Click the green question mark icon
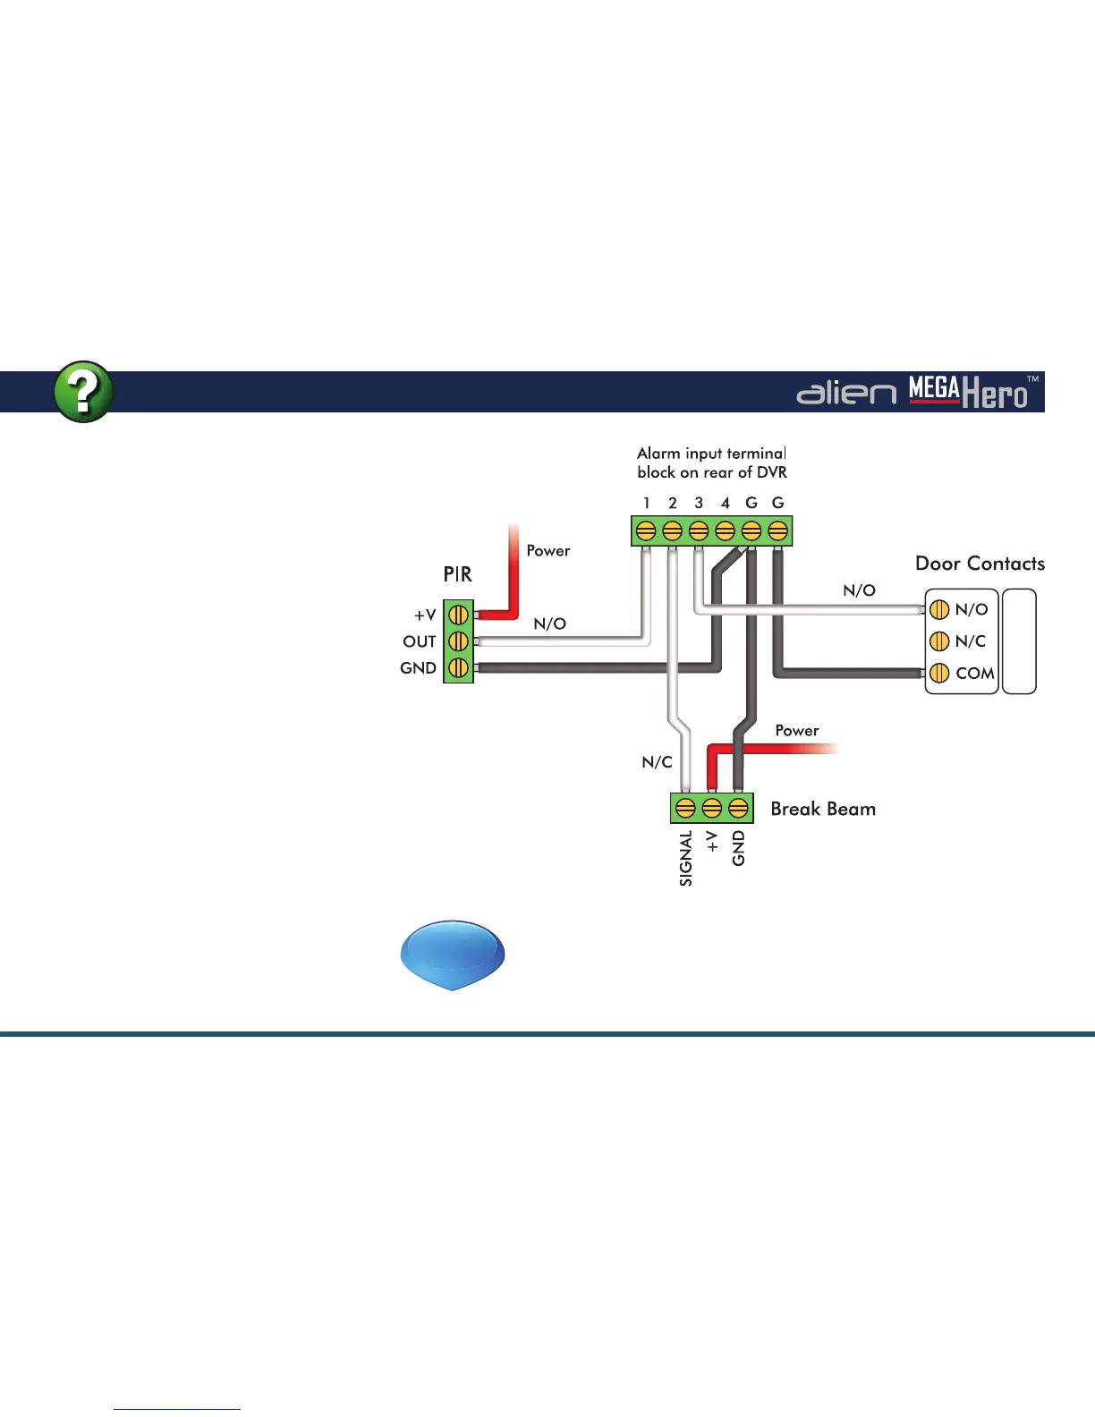[83, 392]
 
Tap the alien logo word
[845, 393]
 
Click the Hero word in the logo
[994, 395]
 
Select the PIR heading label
[457, 574]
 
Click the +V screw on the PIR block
[458, 615]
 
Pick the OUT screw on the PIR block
[458, 641]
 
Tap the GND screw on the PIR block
[458, 668]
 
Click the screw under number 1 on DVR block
[646, 531]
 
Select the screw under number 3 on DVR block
[699, 531]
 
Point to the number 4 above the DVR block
[726, 504]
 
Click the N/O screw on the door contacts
[938, 610]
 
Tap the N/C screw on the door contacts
[938, 641]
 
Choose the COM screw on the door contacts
[938, 673]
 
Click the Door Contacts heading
[980, 564]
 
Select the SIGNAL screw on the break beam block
[685, 809]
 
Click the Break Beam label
[823, 809]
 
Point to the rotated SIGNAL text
[686, 858]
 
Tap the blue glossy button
[453, 955]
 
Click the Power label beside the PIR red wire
[547, 551]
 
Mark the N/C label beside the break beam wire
[657, 762]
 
